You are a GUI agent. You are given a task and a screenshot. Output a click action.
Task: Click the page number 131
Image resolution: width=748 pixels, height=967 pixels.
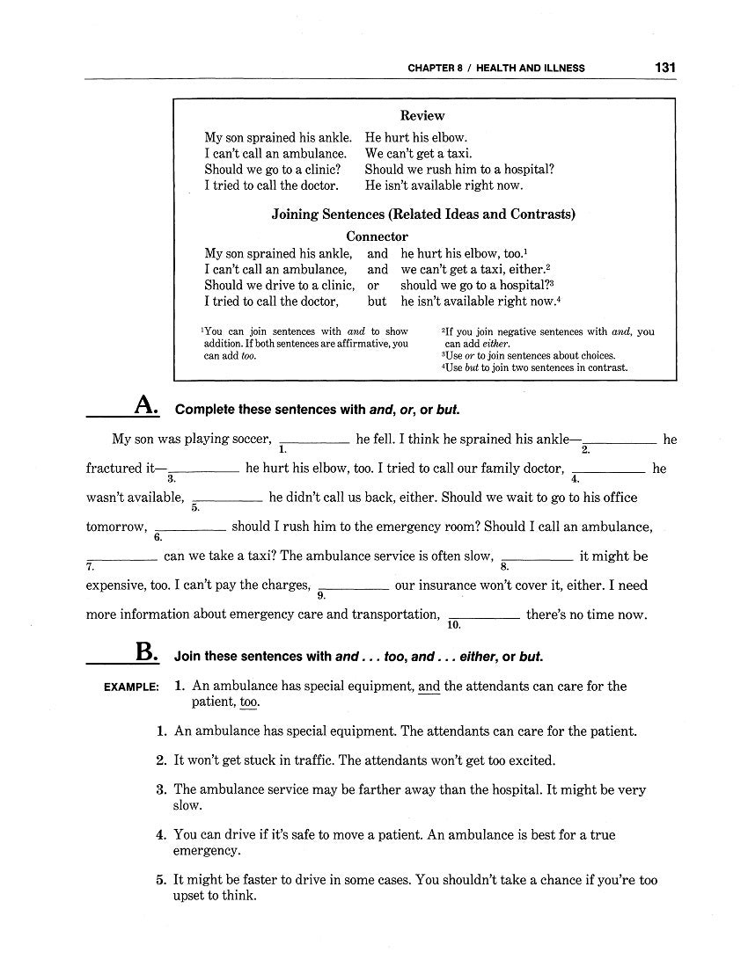664,67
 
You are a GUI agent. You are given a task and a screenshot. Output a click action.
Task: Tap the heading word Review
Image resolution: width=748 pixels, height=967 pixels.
422,115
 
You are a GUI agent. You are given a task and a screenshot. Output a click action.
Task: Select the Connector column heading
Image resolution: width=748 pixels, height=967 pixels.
377,236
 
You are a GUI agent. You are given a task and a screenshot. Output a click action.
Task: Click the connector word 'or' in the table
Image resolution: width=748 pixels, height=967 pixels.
373,285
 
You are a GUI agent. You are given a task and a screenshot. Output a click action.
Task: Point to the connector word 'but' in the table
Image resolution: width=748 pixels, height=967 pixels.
377,301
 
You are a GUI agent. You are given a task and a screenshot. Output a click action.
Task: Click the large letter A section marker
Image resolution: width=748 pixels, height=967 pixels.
145,406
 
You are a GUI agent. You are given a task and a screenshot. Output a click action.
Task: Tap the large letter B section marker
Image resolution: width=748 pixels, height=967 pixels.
146,653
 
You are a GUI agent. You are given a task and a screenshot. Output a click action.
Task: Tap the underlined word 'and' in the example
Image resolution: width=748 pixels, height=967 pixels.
429,687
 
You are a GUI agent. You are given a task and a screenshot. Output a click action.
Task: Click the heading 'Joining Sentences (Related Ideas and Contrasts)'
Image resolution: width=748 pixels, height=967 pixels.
422,214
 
